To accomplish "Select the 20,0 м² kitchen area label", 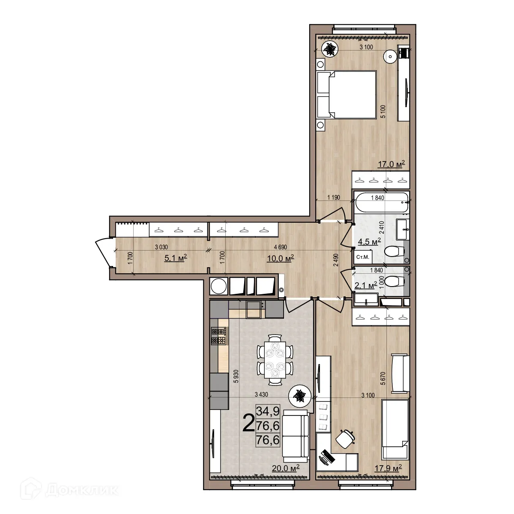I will (285, 468).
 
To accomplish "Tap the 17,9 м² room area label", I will (388, 468).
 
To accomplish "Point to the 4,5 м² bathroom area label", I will (369, 242).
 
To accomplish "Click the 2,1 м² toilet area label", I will (365, 285).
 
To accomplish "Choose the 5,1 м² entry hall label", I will (176, 258).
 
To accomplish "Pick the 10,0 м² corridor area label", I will (282, 258).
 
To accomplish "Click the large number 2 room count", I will (248, 423).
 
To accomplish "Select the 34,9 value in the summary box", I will (268, 411).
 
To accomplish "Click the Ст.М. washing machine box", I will (363, 257).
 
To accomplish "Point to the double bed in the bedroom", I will (347, 94).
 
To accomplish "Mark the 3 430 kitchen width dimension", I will (261, 394).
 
